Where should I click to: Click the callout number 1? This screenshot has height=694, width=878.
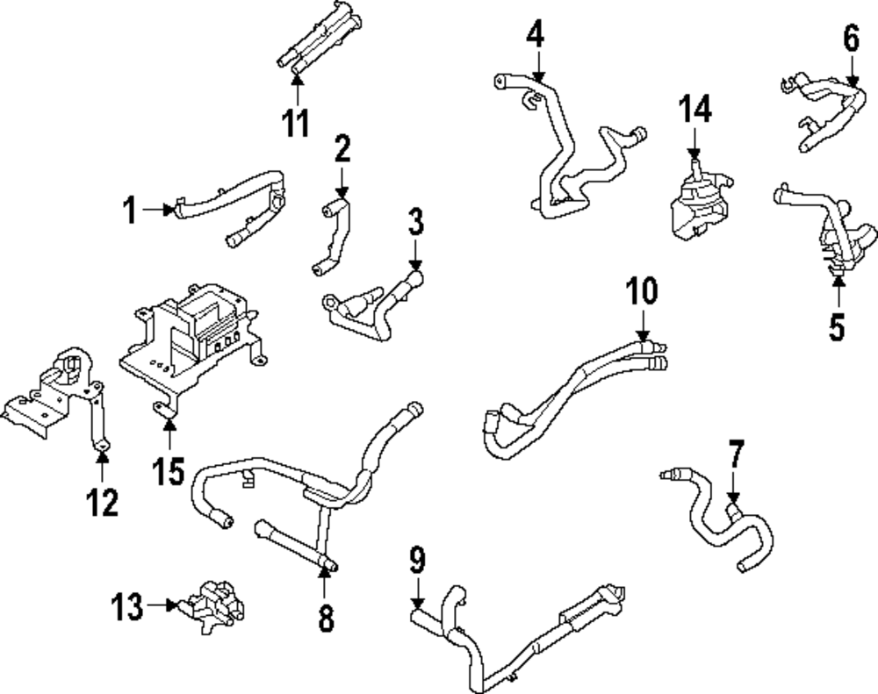click(x=130, y=211)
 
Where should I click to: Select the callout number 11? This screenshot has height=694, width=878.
click(x=296, y=122)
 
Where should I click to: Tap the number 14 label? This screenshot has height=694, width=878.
click(x=694, y=111)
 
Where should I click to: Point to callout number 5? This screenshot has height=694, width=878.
click(x=836, y=326)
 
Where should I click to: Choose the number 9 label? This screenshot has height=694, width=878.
click(x=417, y=558)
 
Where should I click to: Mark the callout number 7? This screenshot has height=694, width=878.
click(x=735, y=456)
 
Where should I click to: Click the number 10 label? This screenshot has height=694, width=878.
click(x=642, y=291)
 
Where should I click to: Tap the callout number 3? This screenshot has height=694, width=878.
click(x=415, y=223)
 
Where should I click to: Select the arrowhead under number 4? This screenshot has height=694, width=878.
click(x=537, y=77)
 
